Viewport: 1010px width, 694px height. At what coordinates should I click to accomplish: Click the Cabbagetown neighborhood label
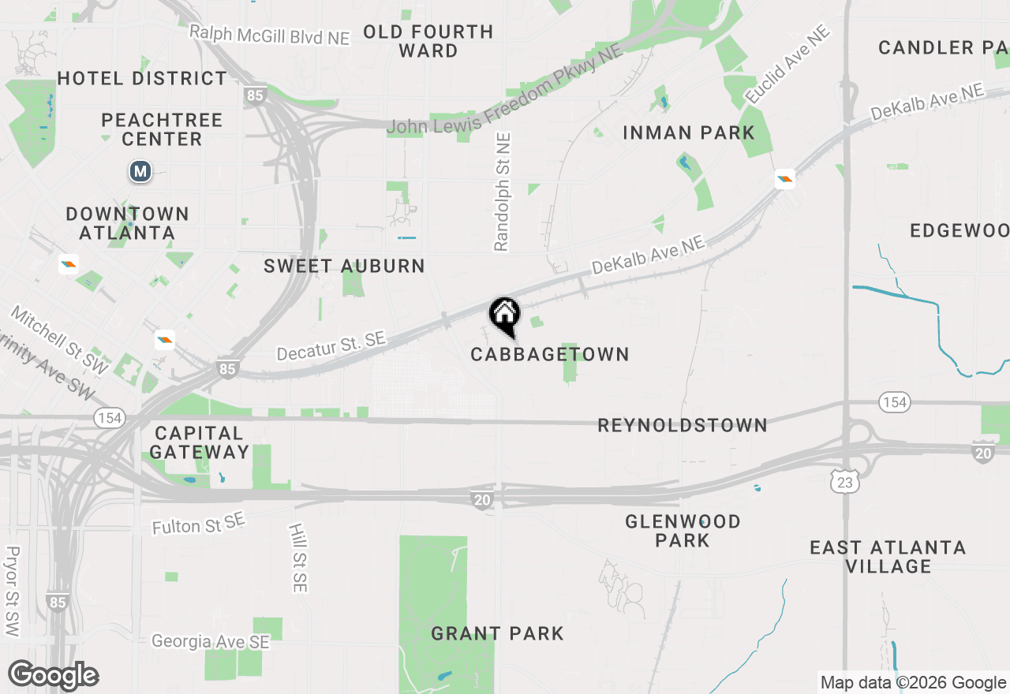click(x=550, y=354)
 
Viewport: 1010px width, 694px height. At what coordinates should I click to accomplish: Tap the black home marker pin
click(x=504, y=315)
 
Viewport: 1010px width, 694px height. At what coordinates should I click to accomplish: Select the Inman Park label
click(x=689, y=132)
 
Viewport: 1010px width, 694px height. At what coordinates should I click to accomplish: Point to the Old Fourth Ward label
click(x=428, y=41)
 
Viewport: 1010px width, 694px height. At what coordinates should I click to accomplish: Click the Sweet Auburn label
click(x=344, y=266)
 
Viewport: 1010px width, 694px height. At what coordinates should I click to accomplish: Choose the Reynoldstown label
click(x=682, y=425)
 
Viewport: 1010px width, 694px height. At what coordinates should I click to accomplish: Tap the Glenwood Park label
click(x=683, y=531)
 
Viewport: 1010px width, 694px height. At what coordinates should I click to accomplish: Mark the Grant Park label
click(x=497, y=633)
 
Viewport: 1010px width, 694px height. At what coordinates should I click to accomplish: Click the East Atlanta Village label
click(x=888, y=557)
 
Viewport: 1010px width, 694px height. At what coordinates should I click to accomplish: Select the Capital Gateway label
click(x=200, y=442)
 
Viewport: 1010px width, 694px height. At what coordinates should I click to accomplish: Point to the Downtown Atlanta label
click(x=127, y=223)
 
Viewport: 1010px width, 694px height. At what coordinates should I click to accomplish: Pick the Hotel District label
click(x=142, y=78)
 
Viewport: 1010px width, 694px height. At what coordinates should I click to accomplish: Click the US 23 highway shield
click(x=846, y=483)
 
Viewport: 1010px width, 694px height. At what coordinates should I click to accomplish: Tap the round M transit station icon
click(x=140, y=171)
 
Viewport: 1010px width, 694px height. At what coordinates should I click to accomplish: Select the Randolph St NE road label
click(x=503, y=192)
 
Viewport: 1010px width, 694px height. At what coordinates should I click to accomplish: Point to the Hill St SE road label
click(x=297, y=558)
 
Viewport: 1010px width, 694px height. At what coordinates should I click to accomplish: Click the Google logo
click(x=54, y=676)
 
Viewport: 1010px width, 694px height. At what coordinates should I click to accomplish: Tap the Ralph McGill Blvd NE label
click(x=269, y=34)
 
